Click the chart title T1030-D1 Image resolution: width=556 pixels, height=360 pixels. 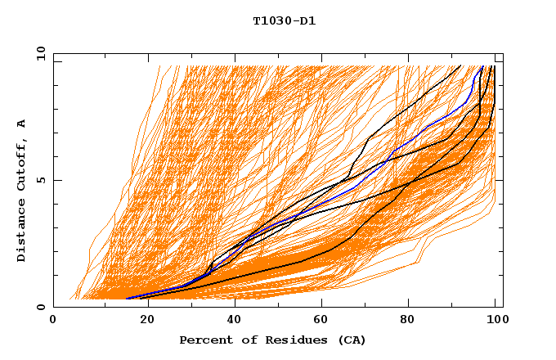coord(285,20)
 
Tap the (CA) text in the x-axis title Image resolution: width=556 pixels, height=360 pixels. coord(350,340)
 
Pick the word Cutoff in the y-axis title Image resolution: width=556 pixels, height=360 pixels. coord(21,166)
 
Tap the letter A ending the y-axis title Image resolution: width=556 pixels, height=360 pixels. coord(21,124)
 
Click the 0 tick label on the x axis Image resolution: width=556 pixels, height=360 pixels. coord(53,322)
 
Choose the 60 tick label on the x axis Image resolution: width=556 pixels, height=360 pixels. coord(324,322)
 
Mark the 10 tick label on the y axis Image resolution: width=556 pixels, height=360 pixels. coord(39,53)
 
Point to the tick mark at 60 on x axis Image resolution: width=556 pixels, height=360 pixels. coord(324,304)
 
